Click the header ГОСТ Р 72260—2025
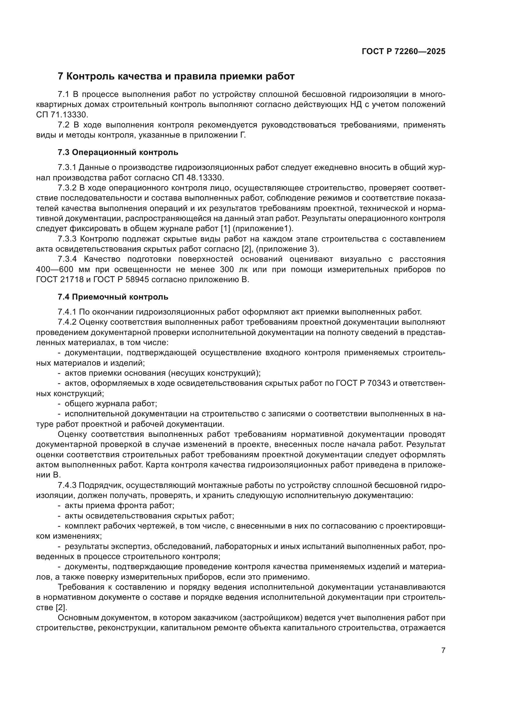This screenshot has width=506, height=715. point(403,52)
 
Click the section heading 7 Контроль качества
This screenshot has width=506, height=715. point(176,76)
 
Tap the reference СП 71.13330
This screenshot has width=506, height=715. point(62,115)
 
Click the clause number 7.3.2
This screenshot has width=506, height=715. point(67,188)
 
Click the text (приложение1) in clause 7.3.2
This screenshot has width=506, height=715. point(263,229)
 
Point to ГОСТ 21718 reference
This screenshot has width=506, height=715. point(60,280)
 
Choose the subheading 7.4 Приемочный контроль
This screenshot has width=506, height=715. point(113,297)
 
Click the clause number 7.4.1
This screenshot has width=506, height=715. point(67,312)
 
